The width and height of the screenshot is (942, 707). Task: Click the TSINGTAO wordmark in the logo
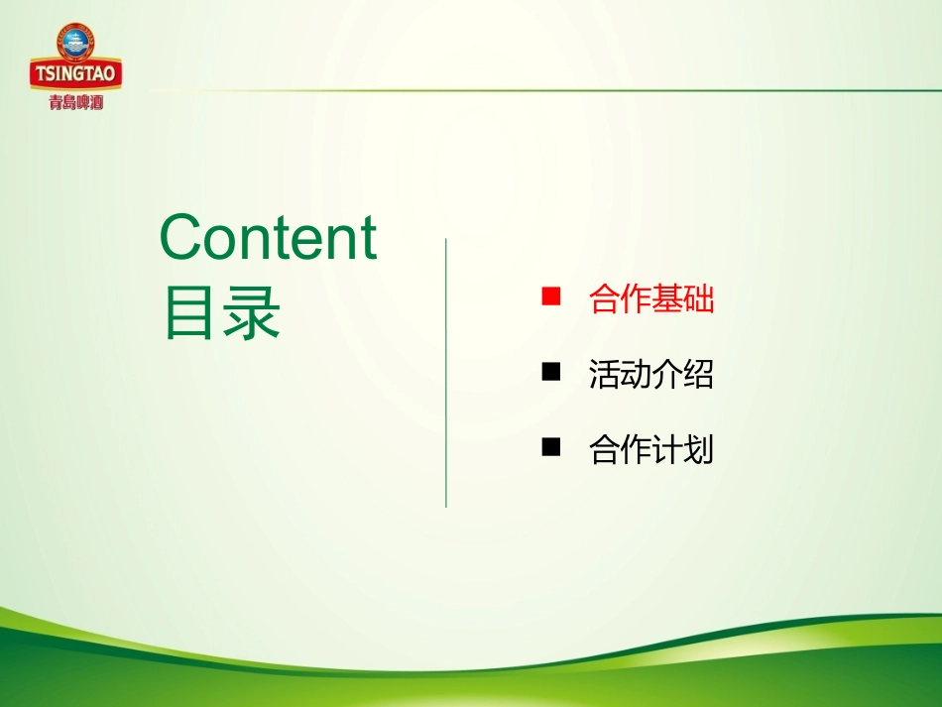tap(76, 73)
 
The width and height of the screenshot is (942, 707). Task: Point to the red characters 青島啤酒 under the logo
tap(76, 100)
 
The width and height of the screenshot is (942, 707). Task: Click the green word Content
tap(268, 238)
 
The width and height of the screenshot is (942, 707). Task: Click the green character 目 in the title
tap(190, 314)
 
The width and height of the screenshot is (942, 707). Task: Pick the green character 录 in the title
tap(251, 314)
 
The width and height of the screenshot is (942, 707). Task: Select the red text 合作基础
tap(650, 299)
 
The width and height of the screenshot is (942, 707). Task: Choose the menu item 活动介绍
tap(650, 375)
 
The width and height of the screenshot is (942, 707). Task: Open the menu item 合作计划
tap(650, 451)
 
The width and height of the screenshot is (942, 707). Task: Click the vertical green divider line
tap(446, 373)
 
